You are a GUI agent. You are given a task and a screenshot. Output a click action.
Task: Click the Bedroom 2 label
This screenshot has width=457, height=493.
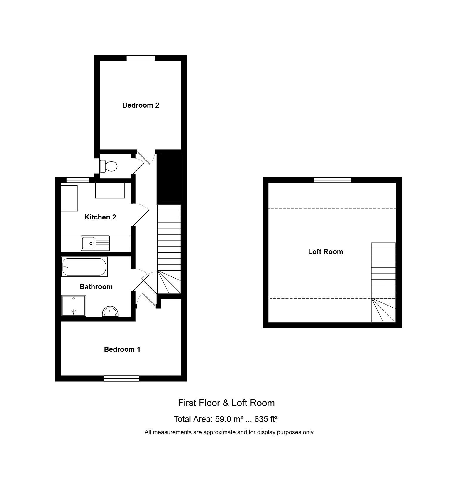141,105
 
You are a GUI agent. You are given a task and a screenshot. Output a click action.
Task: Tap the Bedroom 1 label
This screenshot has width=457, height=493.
122,349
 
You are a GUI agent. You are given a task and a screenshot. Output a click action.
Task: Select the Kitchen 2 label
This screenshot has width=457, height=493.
100,217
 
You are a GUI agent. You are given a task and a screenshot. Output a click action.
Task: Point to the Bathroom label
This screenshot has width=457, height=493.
96,287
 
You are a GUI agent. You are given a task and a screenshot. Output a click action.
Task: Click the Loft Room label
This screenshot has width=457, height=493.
325,252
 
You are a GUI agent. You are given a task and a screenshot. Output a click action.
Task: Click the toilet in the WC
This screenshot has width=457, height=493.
108,166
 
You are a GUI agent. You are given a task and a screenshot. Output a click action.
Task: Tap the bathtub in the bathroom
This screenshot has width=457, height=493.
84,267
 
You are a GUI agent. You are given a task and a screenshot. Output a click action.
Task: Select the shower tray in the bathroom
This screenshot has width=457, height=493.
74,306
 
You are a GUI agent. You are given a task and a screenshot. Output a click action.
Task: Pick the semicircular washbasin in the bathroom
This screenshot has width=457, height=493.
110,312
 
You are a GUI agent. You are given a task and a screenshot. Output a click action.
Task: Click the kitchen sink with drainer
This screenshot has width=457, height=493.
95,243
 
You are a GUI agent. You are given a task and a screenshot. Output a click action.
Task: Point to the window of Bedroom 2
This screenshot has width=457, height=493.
141,58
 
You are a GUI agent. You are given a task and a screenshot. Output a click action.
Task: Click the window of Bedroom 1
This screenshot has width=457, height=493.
121,379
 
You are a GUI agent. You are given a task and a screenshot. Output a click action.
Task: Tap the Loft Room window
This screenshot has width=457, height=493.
332,180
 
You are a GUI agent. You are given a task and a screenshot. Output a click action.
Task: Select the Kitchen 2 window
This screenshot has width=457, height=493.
78,180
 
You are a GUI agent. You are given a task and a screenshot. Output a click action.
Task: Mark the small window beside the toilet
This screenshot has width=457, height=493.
97,166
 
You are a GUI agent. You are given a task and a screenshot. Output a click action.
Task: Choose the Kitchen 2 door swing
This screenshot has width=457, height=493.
141,215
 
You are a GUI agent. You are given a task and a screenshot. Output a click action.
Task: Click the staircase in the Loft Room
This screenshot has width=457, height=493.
383,282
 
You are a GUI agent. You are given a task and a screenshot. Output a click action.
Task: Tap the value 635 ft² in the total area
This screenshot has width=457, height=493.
266,419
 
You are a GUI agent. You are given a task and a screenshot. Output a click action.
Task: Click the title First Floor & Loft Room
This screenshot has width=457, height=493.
226,403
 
